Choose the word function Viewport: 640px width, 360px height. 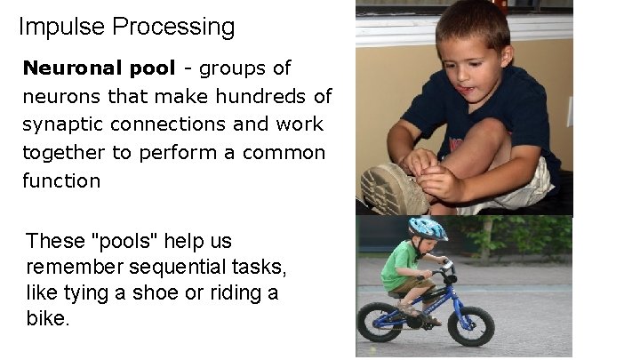[61, 180]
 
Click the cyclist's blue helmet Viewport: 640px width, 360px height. [427, 228]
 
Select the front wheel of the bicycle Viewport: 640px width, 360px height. [470, 324]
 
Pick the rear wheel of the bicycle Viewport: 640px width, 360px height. [380, 321]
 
